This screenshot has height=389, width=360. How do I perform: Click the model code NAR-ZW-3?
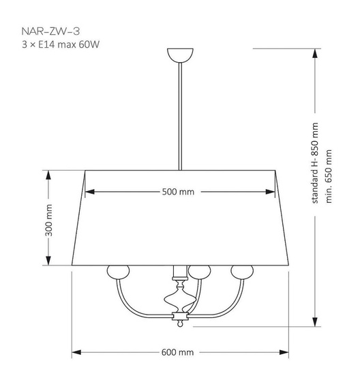coord(42,31)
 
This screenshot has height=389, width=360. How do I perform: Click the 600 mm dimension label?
coord(178,352)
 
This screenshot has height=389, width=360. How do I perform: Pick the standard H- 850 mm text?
coord(315,164)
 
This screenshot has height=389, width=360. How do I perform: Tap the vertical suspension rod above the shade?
coord(180,116)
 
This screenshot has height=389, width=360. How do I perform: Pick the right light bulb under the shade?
coord(240,272)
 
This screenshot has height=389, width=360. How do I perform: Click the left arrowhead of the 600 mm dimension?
coord(76,352)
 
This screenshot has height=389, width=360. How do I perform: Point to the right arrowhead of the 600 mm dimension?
coord(284,352)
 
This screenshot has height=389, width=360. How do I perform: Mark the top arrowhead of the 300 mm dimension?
coord(48,173)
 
